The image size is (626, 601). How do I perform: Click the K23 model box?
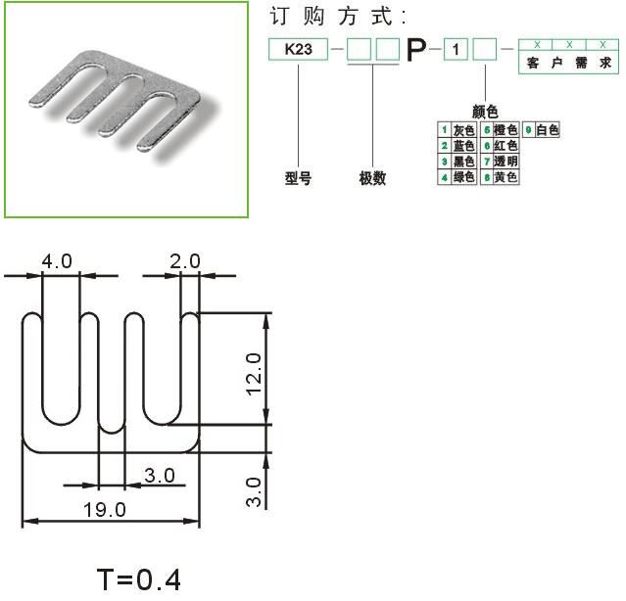click(x=298, y=50)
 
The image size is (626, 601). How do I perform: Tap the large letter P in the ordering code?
click(x=416, y=50)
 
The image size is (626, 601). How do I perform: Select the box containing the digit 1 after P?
click(x=456, y=50)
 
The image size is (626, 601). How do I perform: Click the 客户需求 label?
click(x=568, y=63)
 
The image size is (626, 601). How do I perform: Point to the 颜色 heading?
click(x=485, y=112)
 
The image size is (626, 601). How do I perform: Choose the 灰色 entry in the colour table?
click(x=464, y=130)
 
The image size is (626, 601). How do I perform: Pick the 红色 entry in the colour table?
click(x=506, y=146)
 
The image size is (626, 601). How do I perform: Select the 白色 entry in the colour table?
click(x=548, y=130)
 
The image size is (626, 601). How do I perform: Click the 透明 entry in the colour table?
click(x=506, y=162)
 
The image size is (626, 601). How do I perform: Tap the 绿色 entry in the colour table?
click(x=464, y=176)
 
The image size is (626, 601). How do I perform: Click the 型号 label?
click(x=298, y=178)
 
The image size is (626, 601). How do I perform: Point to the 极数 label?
click(x=372, y=178)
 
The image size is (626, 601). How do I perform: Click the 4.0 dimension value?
click(x=57, y=261)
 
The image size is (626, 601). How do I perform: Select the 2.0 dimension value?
click(x=185, y=261)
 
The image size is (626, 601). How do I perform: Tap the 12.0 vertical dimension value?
click(x=254, y=375)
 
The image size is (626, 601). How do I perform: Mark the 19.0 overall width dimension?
click(x=105, y=510)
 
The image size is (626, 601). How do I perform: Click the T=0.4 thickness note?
click(x=138, y=579)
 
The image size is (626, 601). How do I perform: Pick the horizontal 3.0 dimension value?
click(x=160, y=476)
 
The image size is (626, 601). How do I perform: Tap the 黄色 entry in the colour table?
click(x=506, y=176)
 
